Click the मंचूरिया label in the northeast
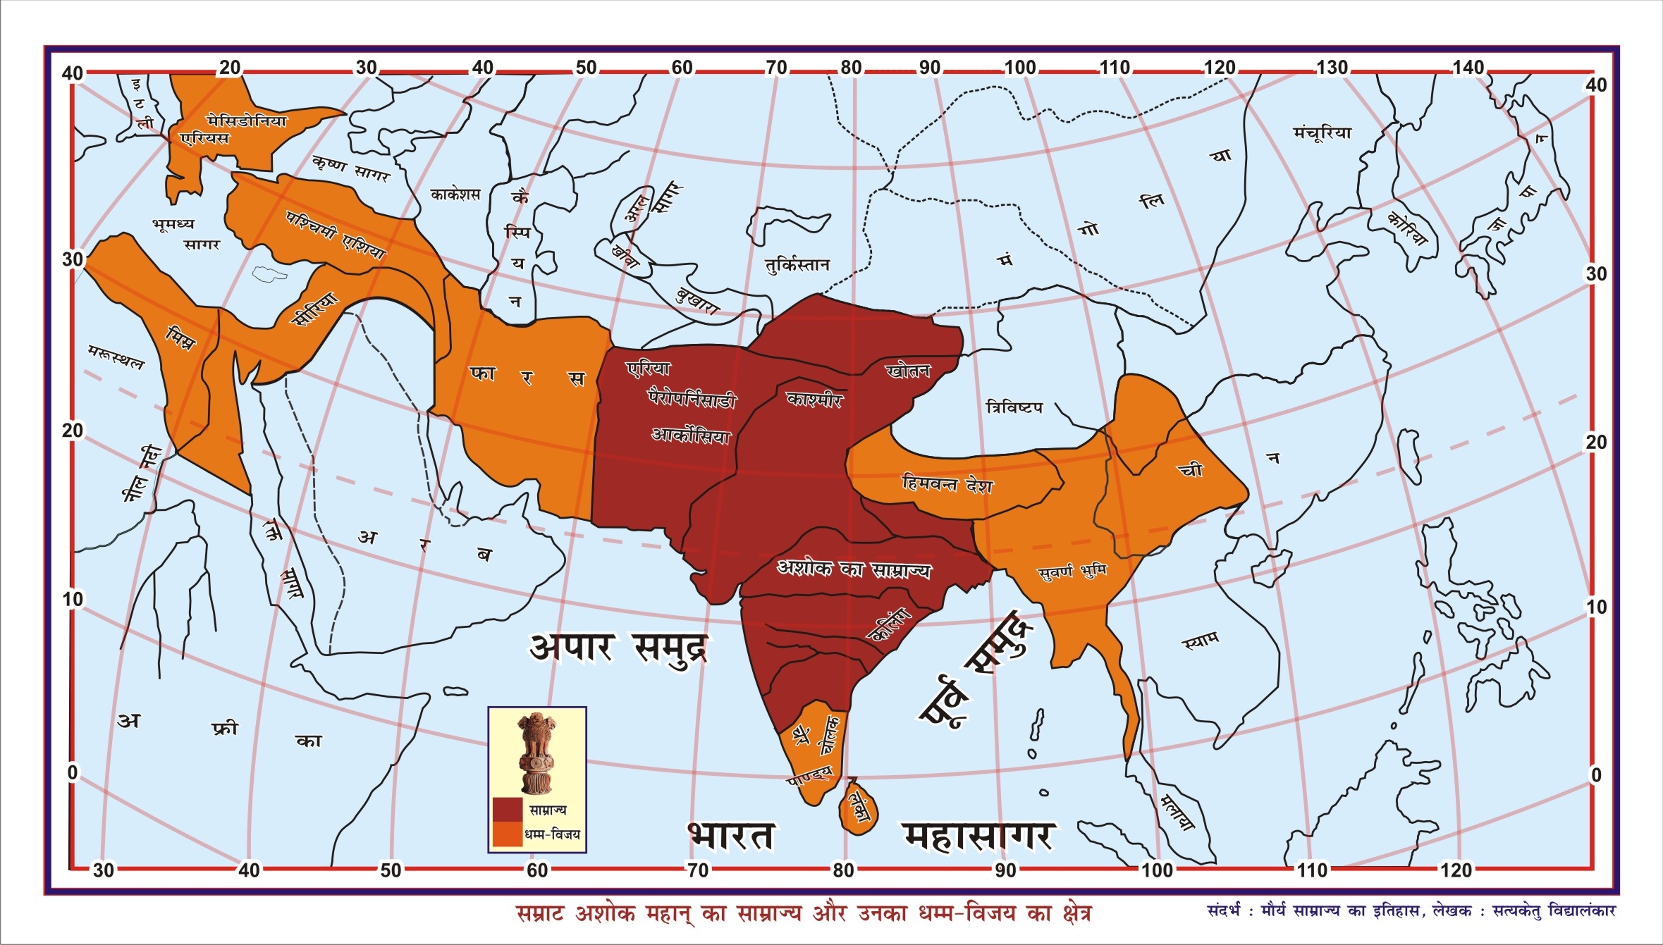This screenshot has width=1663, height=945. pyautogui.click(x=1322, y=132)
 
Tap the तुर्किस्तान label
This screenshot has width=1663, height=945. pyautogui.click(x=797, y=265)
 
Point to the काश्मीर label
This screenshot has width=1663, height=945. pyautogui.click(x=814, y=400)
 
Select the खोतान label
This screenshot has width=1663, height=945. pyautogui.click(x=908, y=371)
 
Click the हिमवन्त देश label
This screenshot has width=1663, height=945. pyautogui.click(x=947, y=483)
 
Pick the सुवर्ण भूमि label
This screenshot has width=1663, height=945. pyautogui.click(x=1072, y=571)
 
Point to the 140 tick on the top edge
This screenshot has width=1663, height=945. pyautogui.click(x=1468, y=68)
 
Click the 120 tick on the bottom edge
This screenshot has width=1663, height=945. pyautogui.click(x=1456, y=870)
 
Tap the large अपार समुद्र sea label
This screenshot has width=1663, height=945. pyautogui.click(x=618, y=648)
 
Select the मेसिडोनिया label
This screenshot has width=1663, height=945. pyautogui.click(x=247, y=121)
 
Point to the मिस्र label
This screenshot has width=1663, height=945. pyautogui.click(x=180, y=339)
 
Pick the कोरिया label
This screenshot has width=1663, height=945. pyautogui.click(x=1407, y=229)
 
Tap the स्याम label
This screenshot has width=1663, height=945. pyautogui.click(x=1200, y=641)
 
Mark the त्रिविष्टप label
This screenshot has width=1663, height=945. pyautogui.click(x=1014, y=407)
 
